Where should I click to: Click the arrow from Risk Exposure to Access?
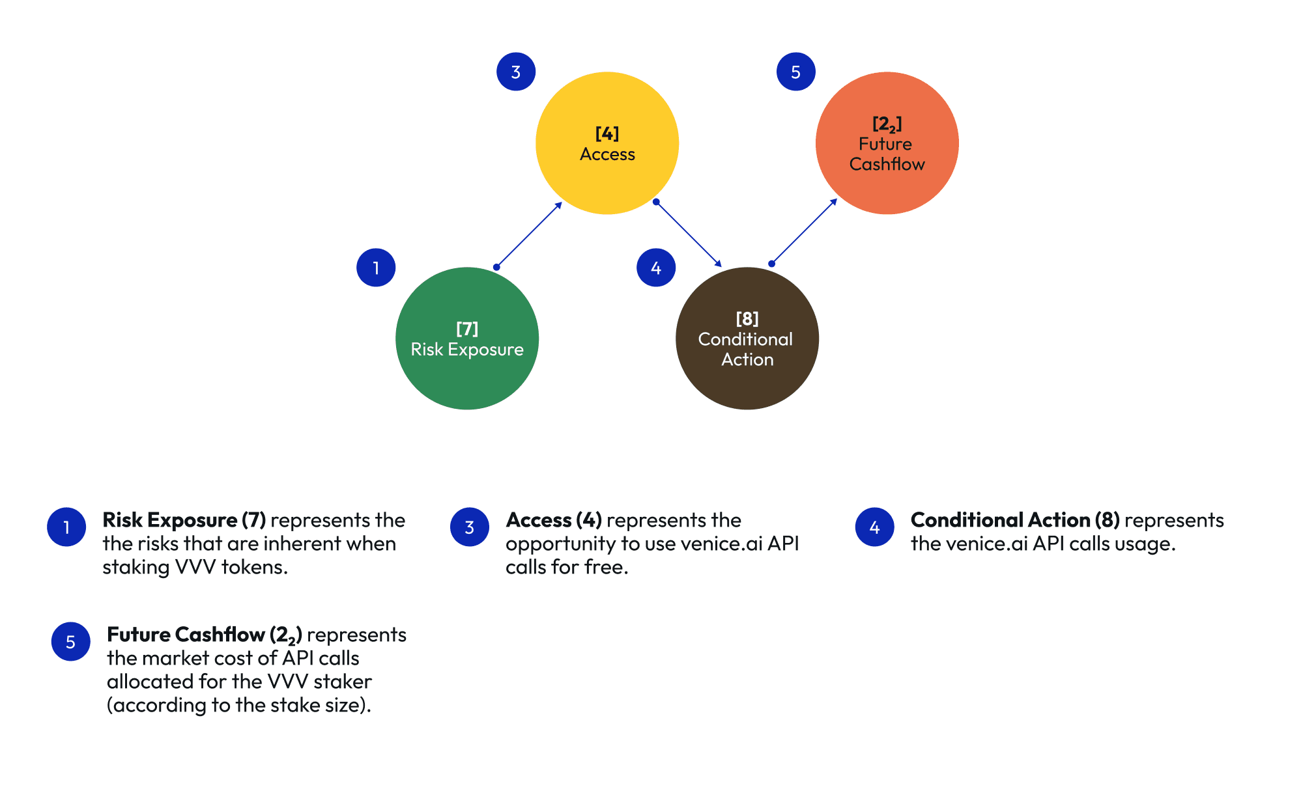point(528,235)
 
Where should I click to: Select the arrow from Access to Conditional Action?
point(689,234)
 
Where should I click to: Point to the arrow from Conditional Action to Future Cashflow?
point(804,231)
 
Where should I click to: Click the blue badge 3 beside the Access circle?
point(515,72)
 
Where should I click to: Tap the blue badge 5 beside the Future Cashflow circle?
point(795,72)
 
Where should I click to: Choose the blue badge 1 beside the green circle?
point(376,268)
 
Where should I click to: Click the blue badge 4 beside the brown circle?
point(656,268)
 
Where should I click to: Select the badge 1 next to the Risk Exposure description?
point(66,527)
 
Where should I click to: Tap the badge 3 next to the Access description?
point(470,527)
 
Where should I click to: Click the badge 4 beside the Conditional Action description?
point(874,527)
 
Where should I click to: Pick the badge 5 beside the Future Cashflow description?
point(70,642)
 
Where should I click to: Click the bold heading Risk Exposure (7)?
point(184,520)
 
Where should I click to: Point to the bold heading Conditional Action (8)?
point(1015,520)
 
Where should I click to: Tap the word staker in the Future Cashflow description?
point(342,682)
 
